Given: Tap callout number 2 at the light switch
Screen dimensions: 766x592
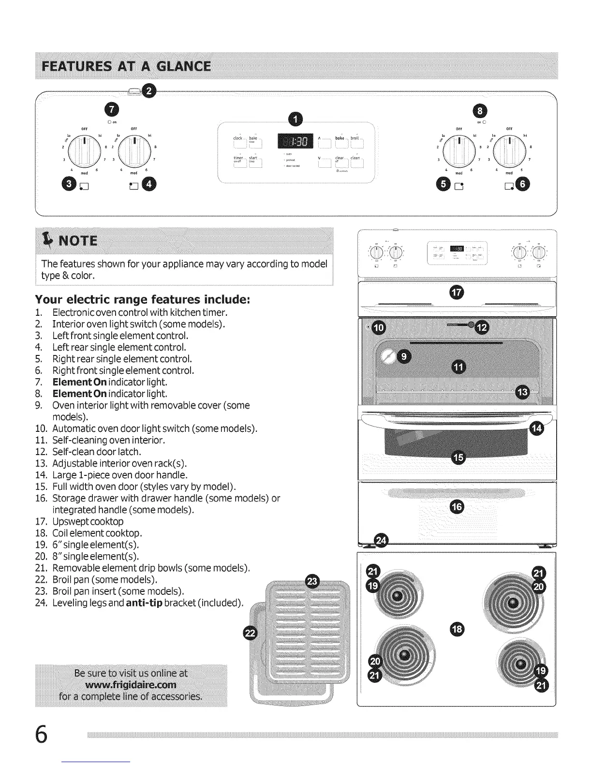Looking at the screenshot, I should click(x=150, y=90).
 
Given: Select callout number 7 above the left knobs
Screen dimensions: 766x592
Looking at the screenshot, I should click(x=112, y=109).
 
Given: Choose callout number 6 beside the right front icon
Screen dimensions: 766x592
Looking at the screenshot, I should click(x=523, y=184).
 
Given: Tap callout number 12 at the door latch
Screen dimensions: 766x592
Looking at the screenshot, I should click(x=482, y=327).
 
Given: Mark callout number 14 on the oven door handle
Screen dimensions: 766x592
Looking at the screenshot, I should click(x=537, y=428).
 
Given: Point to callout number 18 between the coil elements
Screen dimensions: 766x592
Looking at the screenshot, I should click(x=456, y=628).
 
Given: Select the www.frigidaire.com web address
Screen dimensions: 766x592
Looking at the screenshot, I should click(x=131, y=685).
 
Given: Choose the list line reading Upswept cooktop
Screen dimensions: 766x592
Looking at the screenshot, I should click(x=88, y=521).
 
